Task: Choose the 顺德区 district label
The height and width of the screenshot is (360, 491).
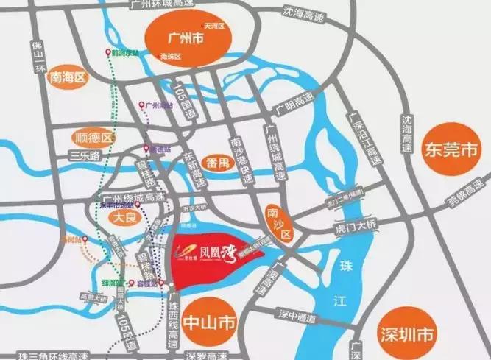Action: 96,138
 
